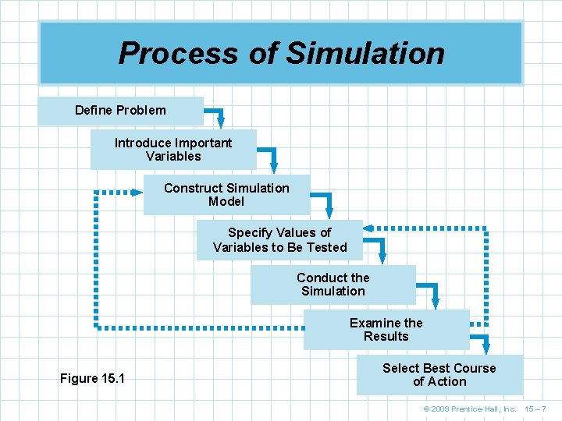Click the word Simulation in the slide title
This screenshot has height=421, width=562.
365,53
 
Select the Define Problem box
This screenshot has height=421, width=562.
120,111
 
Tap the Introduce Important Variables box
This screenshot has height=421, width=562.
173,149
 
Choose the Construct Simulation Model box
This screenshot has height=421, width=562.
226,194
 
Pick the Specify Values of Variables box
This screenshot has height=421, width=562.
279,239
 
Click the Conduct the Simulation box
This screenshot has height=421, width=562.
333,284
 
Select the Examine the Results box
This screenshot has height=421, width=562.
386,329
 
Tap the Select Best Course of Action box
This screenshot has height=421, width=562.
439,374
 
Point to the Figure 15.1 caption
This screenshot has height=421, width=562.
92,379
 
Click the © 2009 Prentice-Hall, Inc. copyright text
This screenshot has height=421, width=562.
469,409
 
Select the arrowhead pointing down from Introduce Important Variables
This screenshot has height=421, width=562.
273,166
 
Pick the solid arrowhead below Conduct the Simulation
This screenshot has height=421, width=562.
436,302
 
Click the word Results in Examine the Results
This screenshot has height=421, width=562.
386,337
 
